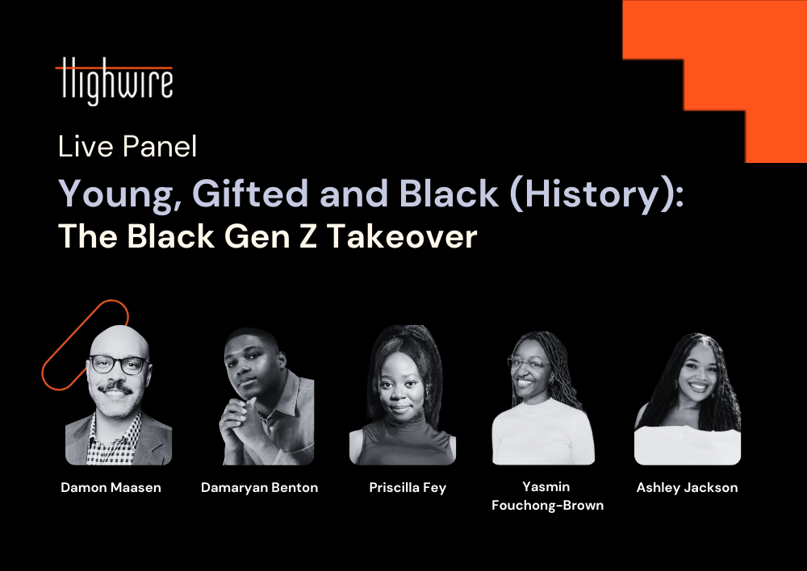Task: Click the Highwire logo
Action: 114,81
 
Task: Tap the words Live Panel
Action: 128,147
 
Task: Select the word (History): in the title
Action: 596,194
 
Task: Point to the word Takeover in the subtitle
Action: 401,236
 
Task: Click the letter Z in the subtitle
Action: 307,236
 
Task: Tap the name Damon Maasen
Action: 111,487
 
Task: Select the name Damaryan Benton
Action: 259,488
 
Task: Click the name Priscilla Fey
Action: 408,488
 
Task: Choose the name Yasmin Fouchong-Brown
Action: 547,496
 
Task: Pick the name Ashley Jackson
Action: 687,488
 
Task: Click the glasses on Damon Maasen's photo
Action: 118,365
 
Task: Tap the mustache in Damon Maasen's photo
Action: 115,387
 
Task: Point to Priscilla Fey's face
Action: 400,383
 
